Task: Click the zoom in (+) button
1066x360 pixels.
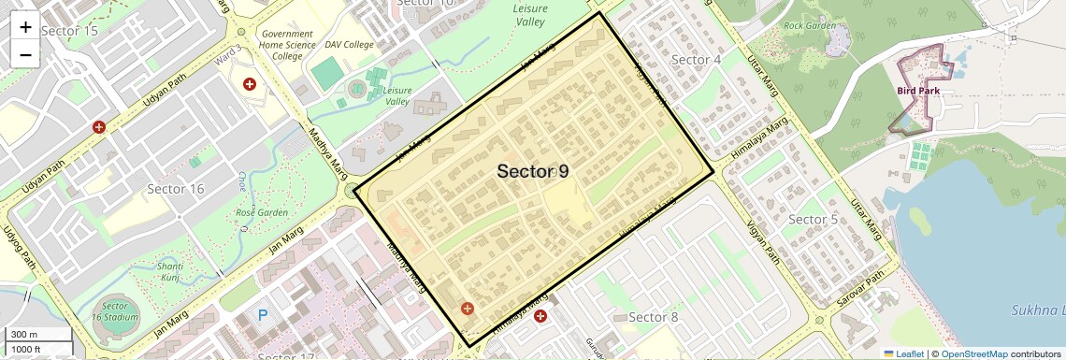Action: [x=25, y=27]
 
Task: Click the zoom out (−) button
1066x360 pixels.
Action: [x=25, y=54]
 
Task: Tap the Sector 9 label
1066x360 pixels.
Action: [x=532, y=171]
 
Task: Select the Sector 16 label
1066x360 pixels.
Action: [x=176, y=189]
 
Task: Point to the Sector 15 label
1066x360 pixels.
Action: [x=70, y=31]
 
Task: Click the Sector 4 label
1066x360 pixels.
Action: [x=697, y=60]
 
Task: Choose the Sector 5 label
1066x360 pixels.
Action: [x=813, y=220]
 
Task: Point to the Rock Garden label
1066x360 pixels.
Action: [x=809, y=25]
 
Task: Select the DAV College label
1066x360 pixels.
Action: [x=349, y=44]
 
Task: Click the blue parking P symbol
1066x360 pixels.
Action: [x=263, y=316]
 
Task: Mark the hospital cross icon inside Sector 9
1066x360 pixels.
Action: [x=467, y=308]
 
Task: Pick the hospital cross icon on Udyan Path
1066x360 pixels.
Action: [x=98, y=126]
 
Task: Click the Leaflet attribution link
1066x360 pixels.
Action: [x=903, y=354]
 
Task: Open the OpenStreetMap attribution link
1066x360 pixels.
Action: [x=973, y=354]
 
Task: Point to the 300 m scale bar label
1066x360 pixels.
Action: [x=25, y=334]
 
